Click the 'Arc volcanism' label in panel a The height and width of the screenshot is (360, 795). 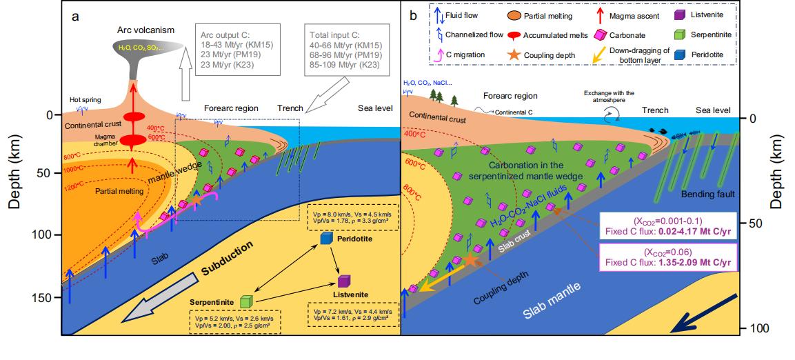145,30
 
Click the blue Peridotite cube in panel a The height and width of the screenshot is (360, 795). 327,239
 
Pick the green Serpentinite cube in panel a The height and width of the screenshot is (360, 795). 247,301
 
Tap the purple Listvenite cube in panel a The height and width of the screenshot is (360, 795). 345,281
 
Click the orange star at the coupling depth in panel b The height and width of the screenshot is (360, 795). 470,260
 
